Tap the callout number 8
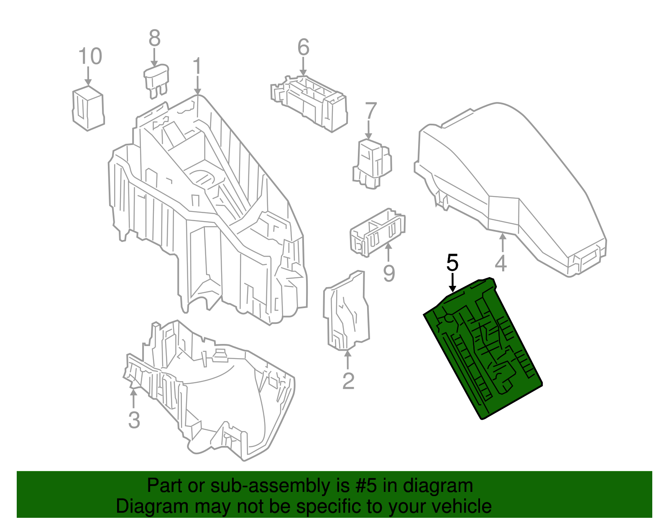coord(155,38)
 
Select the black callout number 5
coord(452,262)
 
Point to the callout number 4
coord(500,264)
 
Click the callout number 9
coord(389,274)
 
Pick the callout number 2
coord(348,381)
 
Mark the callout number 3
coord(134,420)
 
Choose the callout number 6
coord(303,47)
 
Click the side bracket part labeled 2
coord(346,311)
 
